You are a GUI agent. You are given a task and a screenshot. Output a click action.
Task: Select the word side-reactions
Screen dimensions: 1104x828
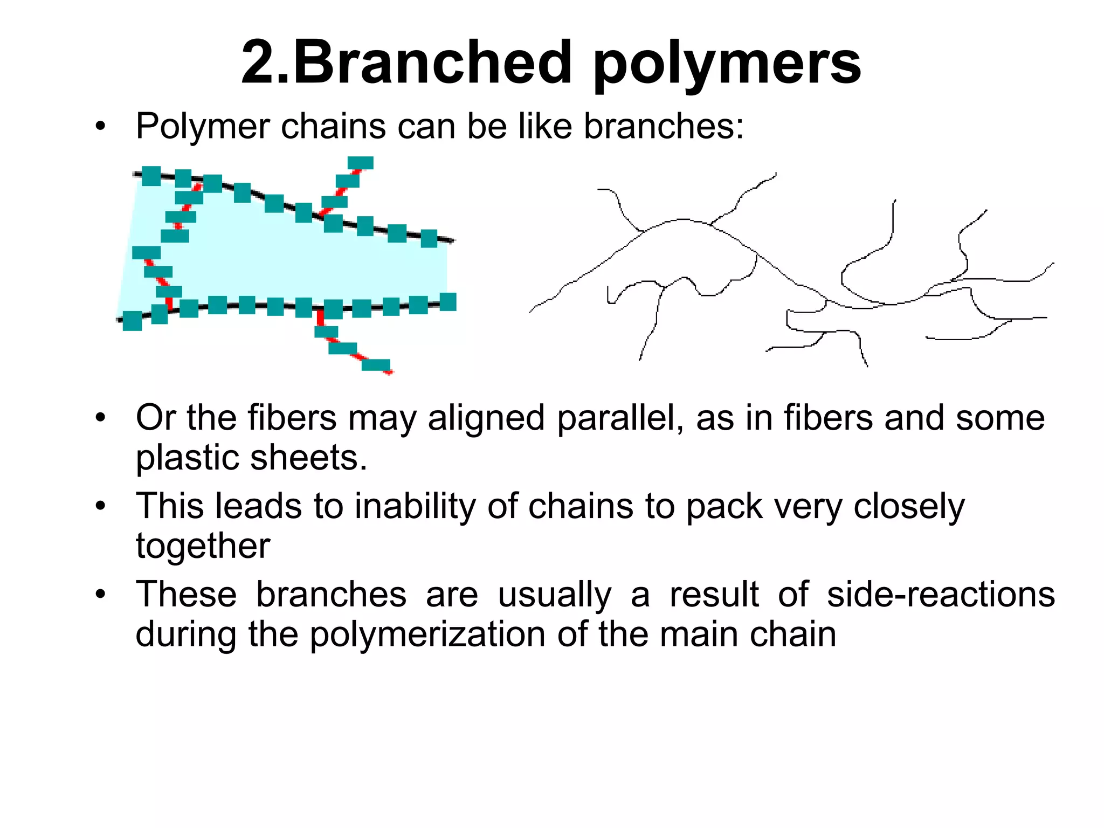[941, 595]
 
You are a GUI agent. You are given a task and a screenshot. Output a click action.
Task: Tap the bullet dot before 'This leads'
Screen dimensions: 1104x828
[100, 507]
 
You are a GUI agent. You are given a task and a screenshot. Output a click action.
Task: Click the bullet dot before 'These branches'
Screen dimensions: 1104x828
[100, 595]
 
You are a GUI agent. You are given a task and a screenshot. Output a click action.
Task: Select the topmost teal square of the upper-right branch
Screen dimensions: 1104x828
[361, 163]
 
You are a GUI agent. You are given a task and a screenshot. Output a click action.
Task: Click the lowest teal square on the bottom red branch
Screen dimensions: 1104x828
[376, 365]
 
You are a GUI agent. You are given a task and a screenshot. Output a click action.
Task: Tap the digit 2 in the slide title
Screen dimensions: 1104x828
[261, 63]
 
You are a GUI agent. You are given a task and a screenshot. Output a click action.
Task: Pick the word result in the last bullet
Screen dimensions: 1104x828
[714, 595]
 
